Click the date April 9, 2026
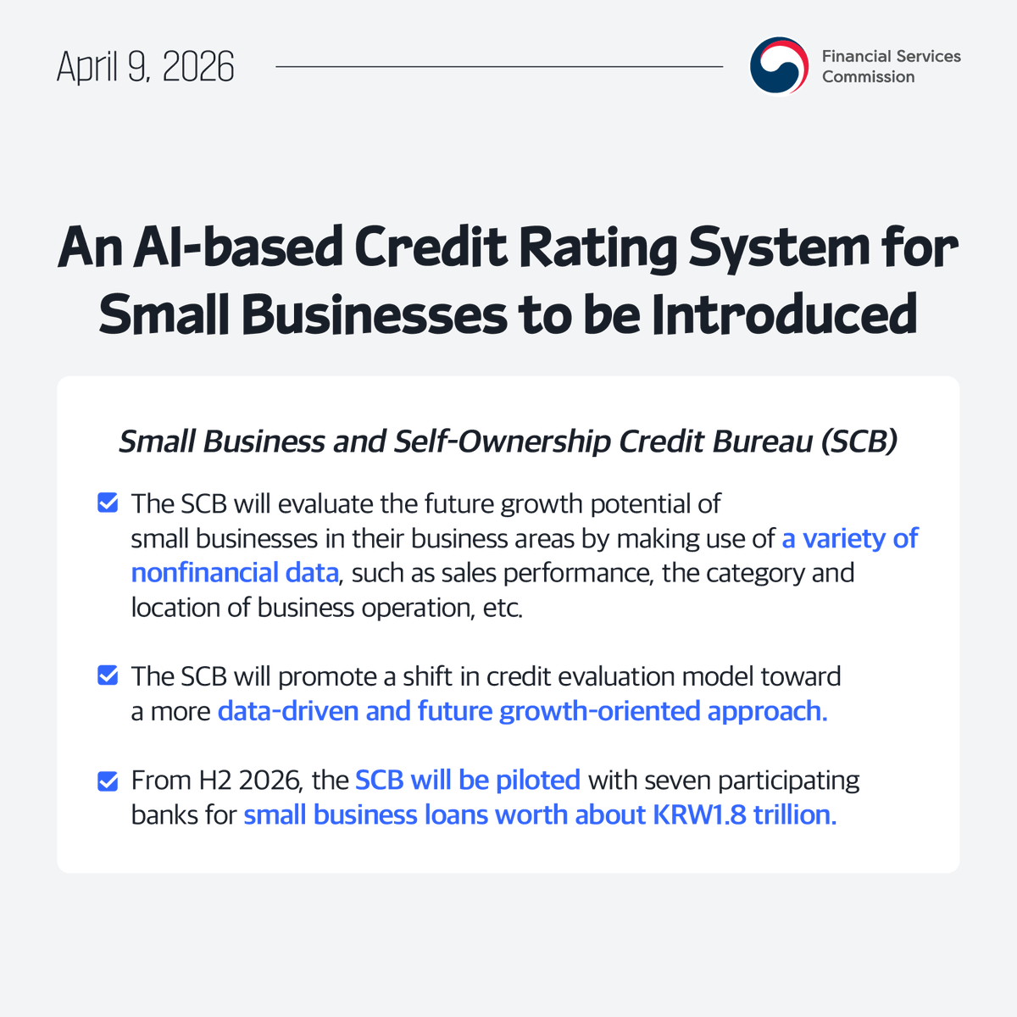[145, 67]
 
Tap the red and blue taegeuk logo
[779, 66]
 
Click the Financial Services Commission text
[891, 66]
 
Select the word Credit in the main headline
[432, 247]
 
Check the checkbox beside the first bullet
[108, 503]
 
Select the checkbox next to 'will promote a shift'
[108, 675]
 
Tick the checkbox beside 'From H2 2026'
[108, 780]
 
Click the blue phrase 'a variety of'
[849, 538]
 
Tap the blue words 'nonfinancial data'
[235, 573]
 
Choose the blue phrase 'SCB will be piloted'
[468, 780]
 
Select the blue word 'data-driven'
[288, 710]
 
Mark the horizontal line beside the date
[499, 66]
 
